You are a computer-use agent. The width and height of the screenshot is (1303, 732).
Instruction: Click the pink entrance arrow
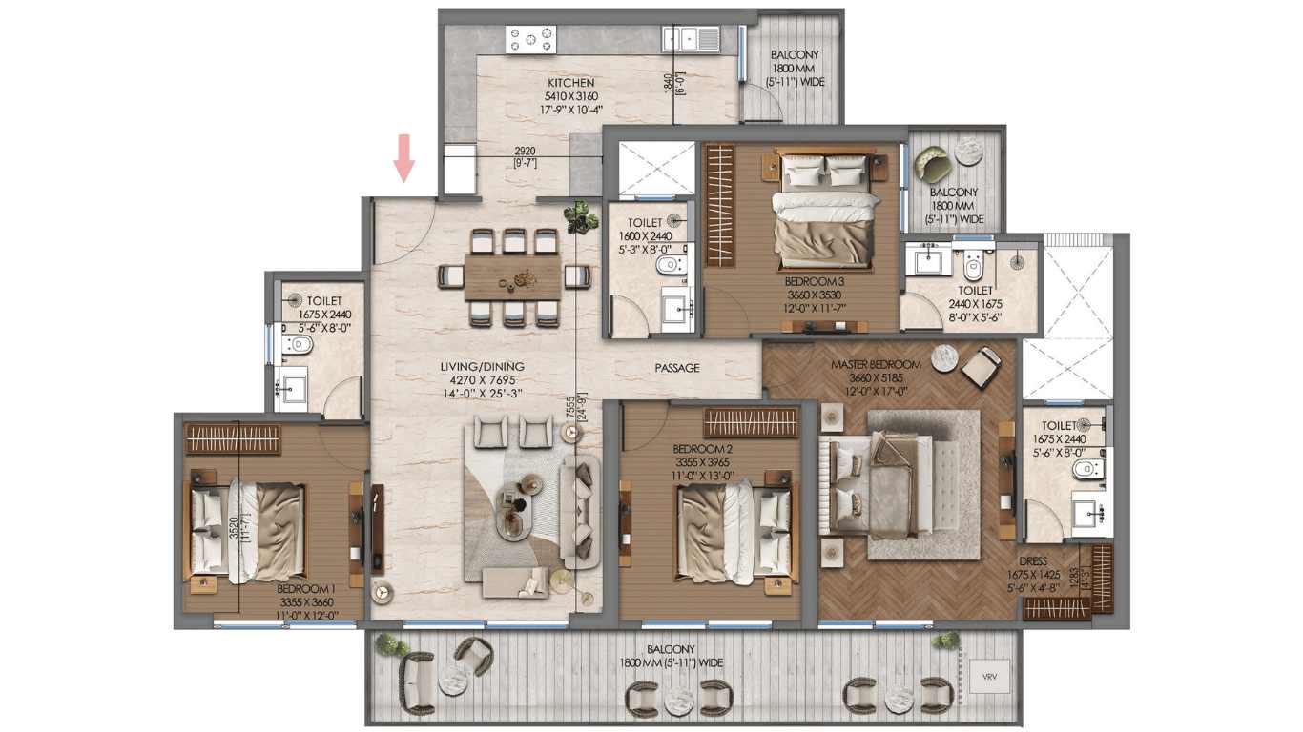click(403, 158)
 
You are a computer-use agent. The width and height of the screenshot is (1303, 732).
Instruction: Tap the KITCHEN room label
click(570, 83)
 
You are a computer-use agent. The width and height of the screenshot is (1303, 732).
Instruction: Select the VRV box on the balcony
click(989, 677)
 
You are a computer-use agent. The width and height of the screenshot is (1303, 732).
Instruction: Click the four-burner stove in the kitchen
click(530, 39)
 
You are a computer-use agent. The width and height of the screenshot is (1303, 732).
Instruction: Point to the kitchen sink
click(691, 38)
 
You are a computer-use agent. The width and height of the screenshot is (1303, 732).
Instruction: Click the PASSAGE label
click(677, 368)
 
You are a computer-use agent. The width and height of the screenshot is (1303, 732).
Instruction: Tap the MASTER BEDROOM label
click(876, 365)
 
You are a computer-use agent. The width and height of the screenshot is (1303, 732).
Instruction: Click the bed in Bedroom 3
click(824, 213)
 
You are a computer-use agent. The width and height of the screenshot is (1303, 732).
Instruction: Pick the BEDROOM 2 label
click(702, 450)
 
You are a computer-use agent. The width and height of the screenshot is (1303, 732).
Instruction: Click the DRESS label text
click(1033, 561)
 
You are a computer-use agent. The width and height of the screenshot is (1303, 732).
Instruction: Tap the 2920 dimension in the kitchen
click(526, 152)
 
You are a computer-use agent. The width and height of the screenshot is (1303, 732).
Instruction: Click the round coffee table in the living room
click(514, 510)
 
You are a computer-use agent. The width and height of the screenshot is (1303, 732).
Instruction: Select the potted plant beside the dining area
click(581, 218)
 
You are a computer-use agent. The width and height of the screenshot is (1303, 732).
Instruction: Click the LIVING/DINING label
click(483, 367)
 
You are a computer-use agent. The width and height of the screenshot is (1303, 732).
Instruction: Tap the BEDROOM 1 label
click(306, 589)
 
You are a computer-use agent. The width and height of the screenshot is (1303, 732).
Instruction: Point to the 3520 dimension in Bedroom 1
click(234, 529)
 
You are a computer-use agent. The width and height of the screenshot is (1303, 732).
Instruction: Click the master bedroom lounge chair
click(982, 367)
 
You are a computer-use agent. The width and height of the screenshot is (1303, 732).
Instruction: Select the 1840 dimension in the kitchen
click(669, 83)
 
